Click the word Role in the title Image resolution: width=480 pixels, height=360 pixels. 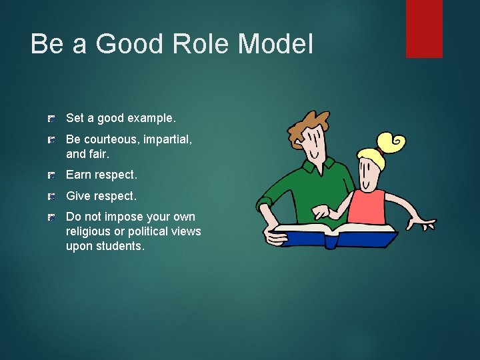(202, 44)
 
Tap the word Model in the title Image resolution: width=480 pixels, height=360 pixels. (275, 44)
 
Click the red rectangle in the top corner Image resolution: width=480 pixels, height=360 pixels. (424, 28)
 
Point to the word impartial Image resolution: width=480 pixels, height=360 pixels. (167, 139)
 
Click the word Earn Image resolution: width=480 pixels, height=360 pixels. (79, 175)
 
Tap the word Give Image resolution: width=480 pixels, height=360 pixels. (79, 196)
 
